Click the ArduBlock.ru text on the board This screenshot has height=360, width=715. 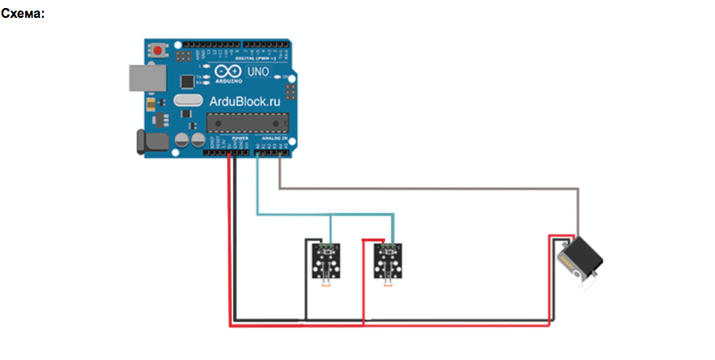pos(243,102)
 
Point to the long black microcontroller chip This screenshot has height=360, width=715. pos(247,122)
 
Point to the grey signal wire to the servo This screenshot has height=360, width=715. pos(430,189)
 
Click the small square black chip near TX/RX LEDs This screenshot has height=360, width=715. pos(189,81)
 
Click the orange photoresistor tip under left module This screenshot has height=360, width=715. pos(325,285)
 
